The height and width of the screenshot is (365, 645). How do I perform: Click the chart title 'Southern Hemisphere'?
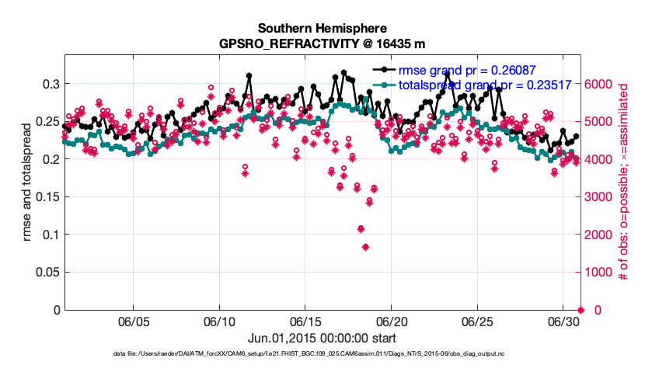[x=322, y=28]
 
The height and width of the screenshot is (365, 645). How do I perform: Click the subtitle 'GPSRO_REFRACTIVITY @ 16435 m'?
[x=322, y=43]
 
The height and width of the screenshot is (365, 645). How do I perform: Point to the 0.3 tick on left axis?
[x=47, y=84]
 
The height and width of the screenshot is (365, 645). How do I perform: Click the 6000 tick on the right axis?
[x=603, y=84]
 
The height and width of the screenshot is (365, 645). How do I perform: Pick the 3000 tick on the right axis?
[x=603, y=197]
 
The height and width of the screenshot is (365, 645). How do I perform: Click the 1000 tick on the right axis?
[x=603, y=273]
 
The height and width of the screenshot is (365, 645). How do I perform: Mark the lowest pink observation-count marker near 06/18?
[x=365, y=248]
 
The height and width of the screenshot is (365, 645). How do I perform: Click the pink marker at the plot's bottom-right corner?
[x=579, y=310]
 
